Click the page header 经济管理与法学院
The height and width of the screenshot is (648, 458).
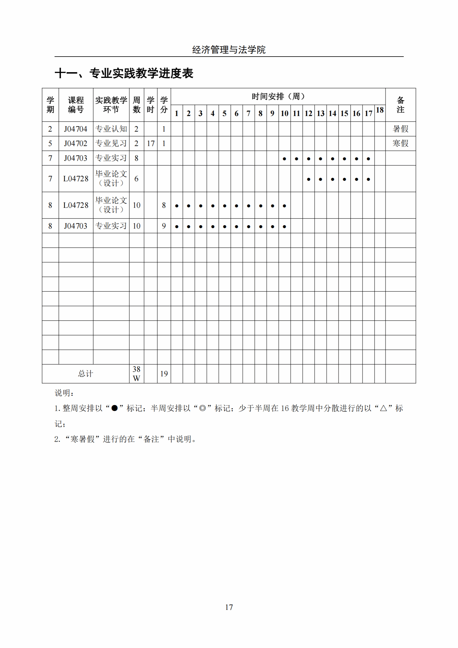point(229,50)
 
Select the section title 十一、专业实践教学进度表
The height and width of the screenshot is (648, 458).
point(124,73)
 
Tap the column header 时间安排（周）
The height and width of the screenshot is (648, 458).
point(278,96)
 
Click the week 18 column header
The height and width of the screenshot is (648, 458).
point(380,110)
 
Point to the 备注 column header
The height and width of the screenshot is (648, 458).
point(400,105)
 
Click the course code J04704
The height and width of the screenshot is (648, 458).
point(76,129)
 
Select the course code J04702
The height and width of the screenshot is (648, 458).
point(76,143)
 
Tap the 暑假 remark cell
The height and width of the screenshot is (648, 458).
point(400,129)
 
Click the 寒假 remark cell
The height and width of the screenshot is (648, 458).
point(400,143)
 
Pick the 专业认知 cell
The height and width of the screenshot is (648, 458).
point(111,129)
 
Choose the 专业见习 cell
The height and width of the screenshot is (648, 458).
point(111,143)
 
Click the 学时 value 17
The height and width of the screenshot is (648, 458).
point(150,143)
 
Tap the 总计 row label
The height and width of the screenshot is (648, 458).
point(85,374)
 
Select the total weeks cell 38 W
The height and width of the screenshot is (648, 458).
point(136,374)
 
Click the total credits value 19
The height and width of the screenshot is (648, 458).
point(164,374)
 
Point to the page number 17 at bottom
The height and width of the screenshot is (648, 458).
point(229,607)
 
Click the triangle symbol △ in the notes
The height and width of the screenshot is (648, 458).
point(383,408)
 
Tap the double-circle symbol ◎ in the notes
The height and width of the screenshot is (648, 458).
point(202,408)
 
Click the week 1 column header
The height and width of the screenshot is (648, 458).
point(176,113)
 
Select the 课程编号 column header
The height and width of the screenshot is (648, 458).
point(76,105)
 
